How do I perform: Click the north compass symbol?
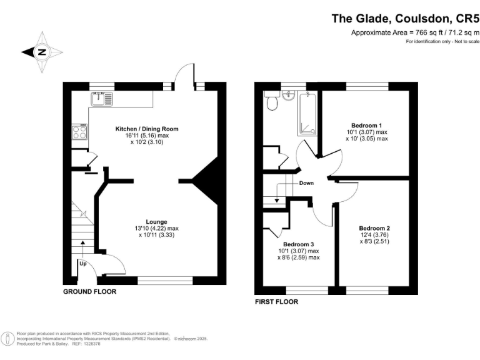point(42,52)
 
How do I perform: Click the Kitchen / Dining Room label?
point(147,129)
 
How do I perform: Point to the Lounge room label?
point(156,221)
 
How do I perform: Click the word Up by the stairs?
point(82,263)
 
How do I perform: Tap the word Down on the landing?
point(306,183)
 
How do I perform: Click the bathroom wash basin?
point(288,96)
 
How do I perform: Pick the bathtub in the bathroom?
point(308,113)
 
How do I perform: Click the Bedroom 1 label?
point(367,124)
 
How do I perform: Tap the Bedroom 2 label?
point(374,228)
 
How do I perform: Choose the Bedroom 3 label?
point(298,244)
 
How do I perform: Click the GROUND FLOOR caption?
point(89,292)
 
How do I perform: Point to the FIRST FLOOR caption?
point(276,301)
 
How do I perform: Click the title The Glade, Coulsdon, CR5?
point(405,19)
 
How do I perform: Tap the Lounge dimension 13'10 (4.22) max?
point(156,228)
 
